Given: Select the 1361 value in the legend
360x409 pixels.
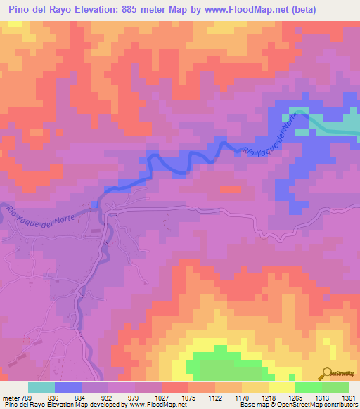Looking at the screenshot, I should tap(349, 396).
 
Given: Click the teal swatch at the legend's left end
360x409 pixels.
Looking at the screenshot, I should tap(41, 387).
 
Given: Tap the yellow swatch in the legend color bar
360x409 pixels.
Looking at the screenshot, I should tap(281, 387).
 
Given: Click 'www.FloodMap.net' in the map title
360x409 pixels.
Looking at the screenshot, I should tap(237, 10).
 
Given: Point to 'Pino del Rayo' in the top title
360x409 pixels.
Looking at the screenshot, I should tap(38, 10).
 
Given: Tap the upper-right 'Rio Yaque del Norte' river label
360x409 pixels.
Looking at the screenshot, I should tap(275, 137).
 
